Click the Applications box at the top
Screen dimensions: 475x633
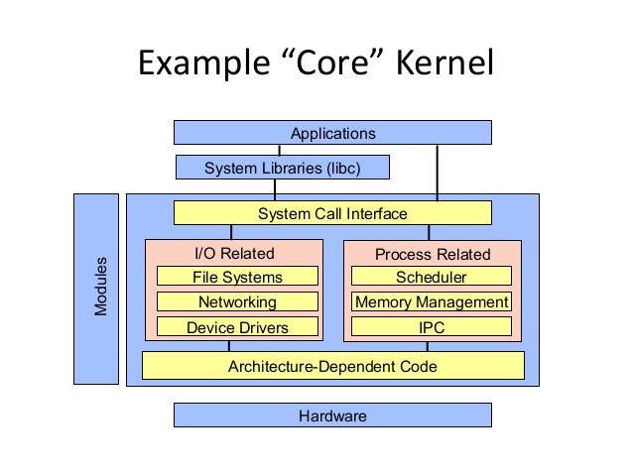(332, 133)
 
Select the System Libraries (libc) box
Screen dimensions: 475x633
(282, 168)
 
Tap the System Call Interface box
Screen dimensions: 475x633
(332, 213)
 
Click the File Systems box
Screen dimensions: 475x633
(237, 278)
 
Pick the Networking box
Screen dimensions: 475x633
(237, 302)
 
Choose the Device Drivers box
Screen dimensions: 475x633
(237, 327)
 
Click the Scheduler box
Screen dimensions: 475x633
(431, 278)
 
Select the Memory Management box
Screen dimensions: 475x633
(431, 302)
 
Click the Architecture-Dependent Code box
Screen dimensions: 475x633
(332, 366)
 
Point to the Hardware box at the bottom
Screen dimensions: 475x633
(332, 416)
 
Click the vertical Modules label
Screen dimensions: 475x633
(100, 288)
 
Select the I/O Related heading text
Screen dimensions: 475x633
(233, 254)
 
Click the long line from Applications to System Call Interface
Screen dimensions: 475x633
(437, 173)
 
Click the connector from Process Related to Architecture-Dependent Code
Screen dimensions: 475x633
(428, 346)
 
